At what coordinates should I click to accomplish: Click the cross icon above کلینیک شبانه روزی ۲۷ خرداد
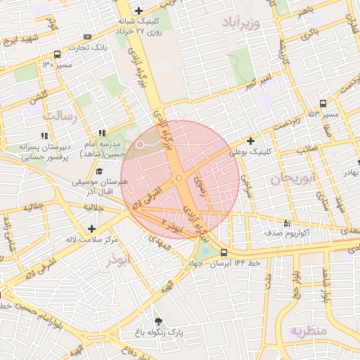click(139, 11)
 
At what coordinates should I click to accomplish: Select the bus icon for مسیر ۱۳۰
click(57, 55)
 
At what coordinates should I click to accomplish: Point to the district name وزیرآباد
click(241, 23)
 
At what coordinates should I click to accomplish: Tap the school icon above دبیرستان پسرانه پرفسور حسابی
click(44, 135)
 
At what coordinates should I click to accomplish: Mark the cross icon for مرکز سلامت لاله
click(91, 229)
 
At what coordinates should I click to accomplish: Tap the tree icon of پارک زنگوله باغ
click(157, 320)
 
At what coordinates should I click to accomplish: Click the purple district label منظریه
click(309, 330)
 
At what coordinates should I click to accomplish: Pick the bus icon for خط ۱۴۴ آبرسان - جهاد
click(224, 252)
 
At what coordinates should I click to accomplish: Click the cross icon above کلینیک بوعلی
click(250, 141)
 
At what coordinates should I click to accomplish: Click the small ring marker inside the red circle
click(139, 145)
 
